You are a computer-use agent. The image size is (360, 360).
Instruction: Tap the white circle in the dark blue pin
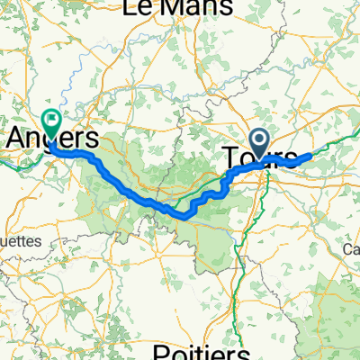261,139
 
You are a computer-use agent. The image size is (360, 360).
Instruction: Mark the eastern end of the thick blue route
311,155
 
